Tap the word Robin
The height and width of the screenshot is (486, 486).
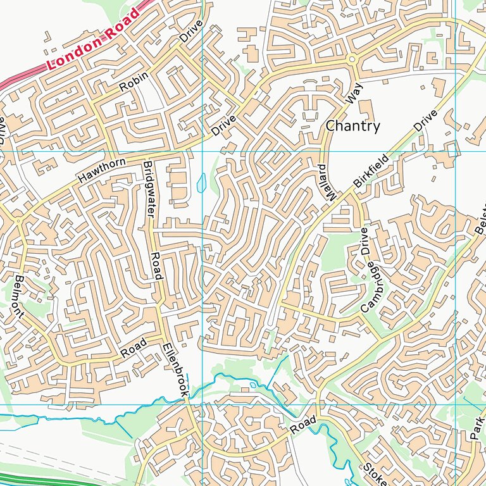tap(134, 81)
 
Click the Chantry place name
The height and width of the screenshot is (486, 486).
tap(352, 126)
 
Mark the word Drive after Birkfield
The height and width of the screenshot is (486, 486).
tap(426, 121)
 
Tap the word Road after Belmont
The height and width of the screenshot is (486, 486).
tap(134, 348)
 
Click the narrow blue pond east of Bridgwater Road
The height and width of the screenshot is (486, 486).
tap(202, 183)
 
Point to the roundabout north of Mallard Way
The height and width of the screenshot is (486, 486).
tap(352, 60)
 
